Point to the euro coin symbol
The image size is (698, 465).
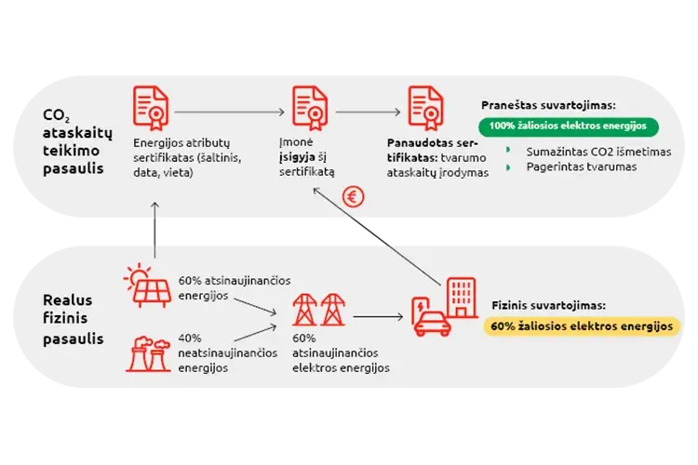point(353,196)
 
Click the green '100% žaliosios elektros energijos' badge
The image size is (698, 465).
point(569,126)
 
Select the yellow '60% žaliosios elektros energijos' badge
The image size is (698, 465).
point(583,325)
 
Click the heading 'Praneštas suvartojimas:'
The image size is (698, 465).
point(548,106)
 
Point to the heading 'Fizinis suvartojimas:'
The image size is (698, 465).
point(548,305)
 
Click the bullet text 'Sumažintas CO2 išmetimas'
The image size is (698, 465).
point(598,151)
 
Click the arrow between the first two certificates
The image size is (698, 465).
point(229,112)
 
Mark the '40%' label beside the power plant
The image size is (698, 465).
point(190,339)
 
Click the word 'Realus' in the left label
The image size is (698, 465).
point(65,299)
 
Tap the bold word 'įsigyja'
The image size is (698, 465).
point(298,158)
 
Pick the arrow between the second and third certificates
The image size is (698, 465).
point(369,112)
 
